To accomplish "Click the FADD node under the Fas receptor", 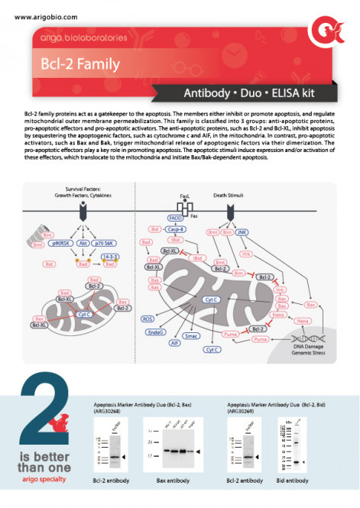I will click(x=174, y=218).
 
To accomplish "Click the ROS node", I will click(x=148, y=319).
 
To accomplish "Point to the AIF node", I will click(x=175, y=344).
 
